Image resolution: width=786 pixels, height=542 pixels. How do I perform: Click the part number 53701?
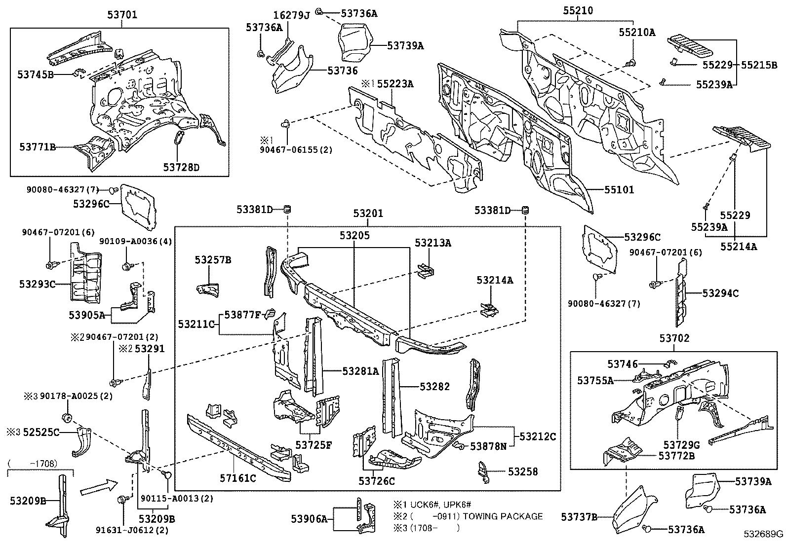(x=122, y=15)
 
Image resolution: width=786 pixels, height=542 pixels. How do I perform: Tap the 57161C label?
(x=238, y=477)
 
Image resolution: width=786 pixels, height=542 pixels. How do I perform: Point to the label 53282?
(x=434, y=387)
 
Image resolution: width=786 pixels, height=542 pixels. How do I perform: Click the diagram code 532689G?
(x=764, y=534)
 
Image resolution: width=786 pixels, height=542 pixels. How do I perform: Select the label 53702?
(x=674, y=338)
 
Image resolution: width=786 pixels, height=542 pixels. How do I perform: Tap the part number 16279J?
(x=292, y=15)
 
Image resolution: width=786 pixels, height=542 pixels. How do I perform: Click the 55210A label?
(x=637, y=33)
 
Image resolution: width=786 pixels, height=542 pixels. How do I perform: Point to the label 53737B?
(x=579, y=517)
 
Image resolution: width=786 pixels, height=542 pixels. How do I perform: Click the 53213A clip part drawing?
(x=425, y=270)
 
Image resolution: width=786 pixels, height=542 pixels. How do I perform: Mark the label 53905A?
(x=87, y=315)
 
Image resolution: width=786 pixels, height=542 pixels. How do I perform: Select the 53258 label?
(x=523, y=471)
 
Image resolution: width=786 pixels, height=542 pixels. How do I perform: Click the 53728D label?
(x=181, y=168)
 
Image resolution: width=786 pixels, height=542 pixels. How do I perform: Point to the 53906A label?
(x=310, y=518)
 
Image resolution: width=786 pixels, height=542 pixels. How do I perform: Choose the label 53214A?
(x=495, y=280)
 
